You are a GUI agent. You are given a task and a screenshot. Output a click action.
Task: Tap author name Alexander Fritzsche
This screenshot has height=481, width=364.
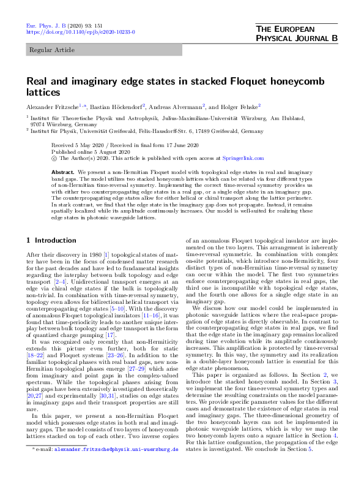point(51,105)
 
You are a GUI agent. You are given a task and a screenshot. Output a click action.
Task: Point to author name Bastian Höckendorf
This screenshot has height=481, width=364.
point(116,105)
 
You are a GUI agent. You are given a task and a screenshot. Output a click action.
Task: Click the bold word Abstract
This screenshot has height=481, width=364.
point(62,172)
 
